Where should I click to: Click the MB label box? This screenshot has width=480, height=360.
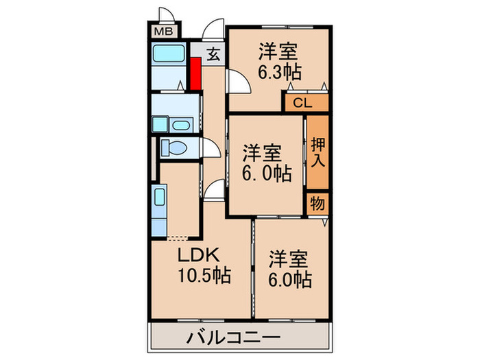163,31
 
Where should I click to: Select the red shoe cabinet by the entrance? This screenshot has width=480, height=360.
195,74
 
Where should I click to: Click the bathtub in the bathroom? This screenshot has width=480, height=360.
169,54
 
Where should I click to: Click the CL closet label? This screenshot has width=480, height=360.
302,104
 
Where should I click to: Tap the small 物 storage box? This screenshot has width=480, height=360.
317,204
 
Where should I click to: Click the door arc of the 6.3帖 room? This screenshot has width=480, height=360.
239,84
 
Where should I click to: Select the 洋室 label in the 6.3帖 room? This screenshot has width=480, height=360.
278,51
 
